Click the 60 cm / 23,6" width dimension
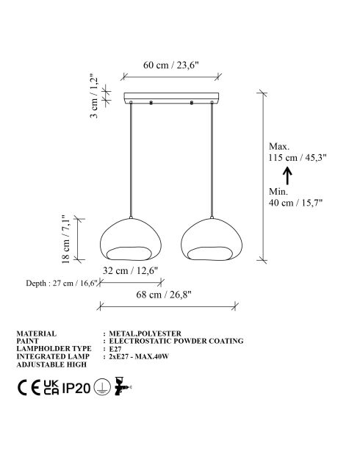click(171, 65)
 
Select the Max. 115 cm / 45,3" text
click(298, 152)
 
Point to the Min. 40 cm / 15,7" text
click(295, 197)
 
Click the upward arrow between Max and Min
click(287, 176)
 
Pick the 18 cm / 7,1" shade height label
click(65, 239)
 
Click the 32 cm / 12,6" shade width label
click(130, 271)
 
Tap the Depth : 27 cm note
click(62, 283)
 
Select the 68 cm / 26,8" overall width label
click(164, 295)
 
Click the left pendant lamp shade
click(130, 239)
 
